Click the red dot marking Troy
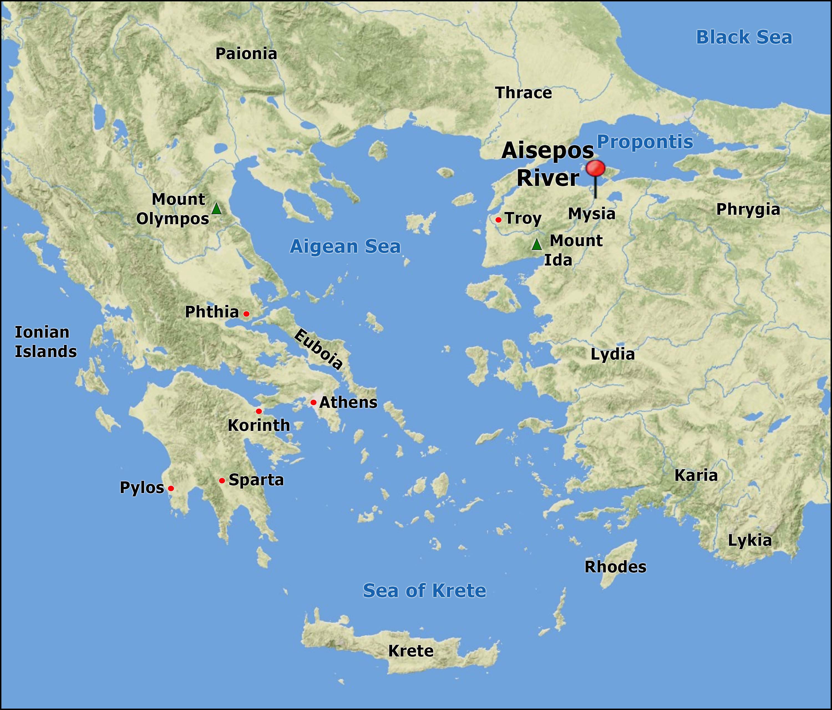tap(498, 220)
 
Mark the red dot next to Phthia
tap(247, 314)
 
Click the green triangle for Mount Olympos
tap(216, 209)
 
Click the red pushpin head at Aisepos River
tap(595, 168)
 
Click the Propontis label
tap(645, 142)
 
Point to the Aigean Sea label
tap(345, 246)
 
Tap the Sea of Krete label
tap(424, 590)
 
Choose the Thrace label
tap(524, 93)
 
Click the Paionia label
tap(246, 54)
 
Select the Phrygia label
tap(748, 209)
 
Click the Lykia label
tap(750, 540)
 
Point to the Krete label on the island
tap(411, 651)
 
